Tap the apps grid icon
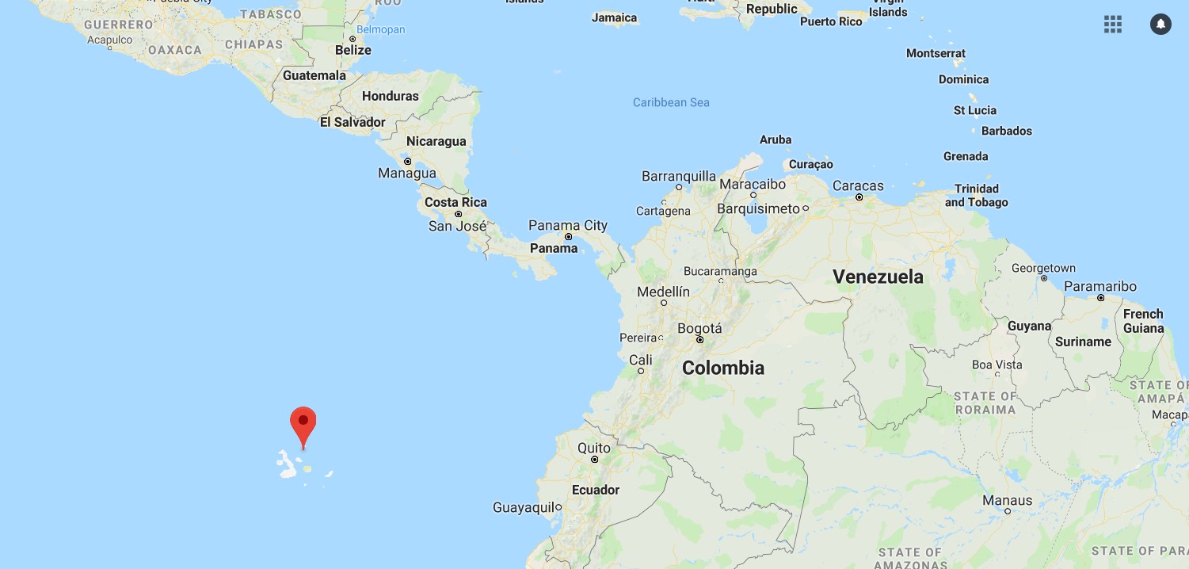click(x=1113, y=25)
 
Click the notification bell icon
click(x=1160, y=25)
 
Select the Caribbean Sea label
click(x=671, y=102)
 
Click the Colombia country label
click(x=722, y=368)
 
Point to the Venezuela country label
click(x=878, y=277)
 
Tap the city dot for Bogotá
click(x=700, y=340)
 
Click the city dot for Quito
click(x=595, y=460)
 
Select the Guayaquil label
click(x=523, y=507)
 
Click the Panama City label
click(x=568, y=226)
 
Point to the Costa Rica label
click(x=455, y=202)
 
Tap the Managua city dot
click(x=408, y=162)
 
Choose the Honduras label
click(x=390, y=96)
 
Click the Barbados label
click(x=1006, y=131)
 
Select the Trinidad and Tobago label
click(x=977, y=196)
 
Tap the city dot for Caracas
click(x=859, y=197)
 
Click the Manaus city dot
click(x=1008, y=511)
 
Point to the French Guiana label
click(x=1143, y=321)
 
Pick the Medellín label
click(x=663, y=292)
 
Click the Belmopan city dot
click(x=352, y=39)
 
